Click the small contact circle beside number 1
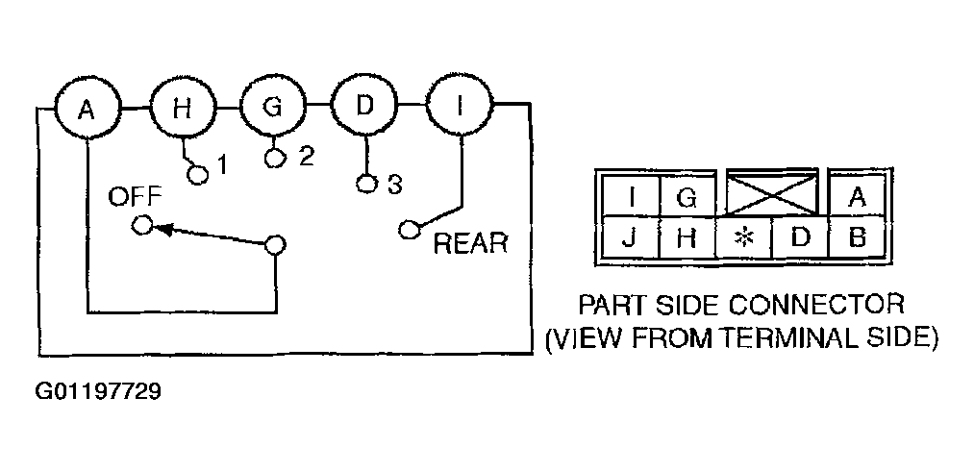[198, 175]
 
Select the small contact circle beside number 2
[275, 158]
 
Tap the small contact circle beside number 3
[366, 184]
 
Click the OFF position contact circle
[142, 226]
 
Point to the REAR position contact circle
[408, 230]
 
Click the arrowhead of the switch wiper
[162, 229]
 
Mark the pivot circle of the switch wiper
[275, 245]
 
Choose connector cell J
[630, 237]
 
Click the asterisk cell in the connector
[743, 237]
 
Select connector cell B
[858, 237]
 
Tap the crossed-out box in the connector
[772, 194]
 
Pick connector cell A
[858, 197]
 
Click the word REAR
[470, 243]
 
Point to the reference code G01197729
[99, 392]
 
